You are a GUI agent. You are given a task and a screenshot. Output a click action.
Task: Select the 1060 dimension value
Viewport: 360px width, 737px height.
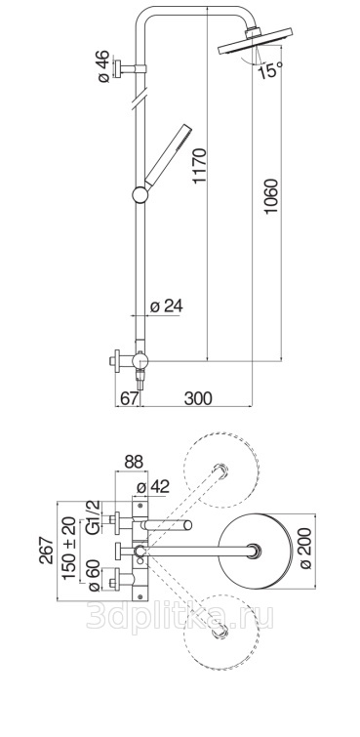(x=271, y=196)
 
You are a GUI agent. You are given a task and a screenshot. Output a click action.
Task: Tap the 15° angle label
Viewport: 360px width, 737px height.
(x=270, y=70)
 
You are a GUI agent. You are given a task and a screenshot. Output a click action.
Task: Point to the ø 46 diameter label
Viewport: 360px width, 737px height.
(x=103, y=66)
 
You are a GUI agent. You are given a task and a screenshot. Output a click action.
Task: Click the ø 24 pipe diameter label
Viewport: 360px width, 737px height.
(x=166, y=307)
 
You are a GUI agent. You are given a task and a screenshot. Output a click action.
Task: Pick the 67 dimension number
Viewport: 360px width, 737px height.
(x=129, y=398)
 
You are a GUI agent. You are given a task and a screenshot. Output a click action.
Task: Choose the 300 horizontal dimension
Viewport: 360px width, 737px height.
(x=198, y=398)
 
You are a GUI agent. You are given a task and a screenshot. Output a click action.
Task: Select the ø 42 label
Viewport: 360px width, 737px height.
(x=152, y=487)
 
